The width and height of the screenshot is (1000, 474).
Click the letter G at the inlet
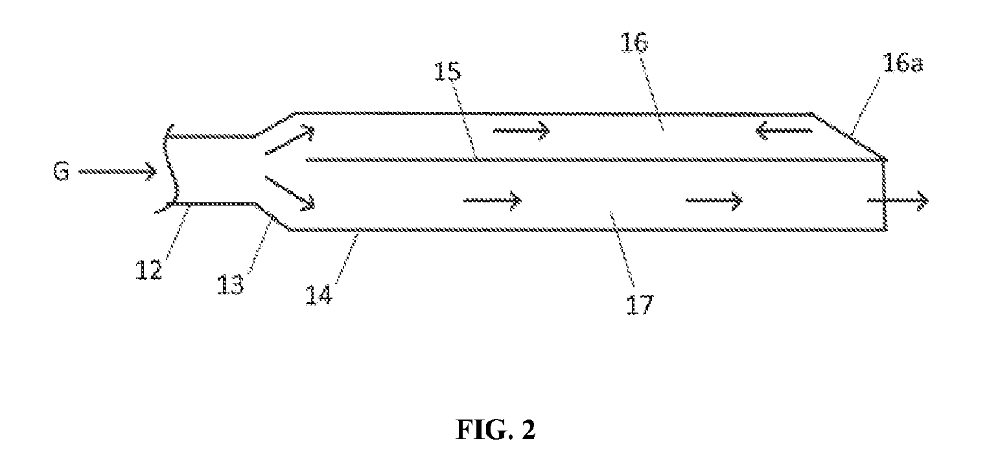coord(62,172)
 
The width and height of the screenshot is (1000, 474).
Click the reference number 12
coord(148,270)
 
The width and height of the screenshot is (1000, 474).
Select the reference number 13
coord(231,285)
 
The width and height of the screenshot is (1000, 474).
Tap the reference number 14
coord(319,295)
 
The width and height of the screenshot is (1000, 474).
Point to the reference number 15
coord(448,71)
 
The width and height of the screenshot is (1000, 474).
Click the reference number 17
coord(640,305)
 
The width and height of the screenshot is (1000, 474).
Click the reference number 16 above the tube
coord(635,43)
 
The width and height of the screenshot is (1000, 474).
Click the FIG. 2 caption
coord(496,430)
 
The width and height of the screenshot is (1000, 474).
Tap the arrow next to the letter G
coord(117,172)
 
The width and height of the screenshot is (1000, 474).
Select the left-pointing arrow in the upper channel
coord(784,130)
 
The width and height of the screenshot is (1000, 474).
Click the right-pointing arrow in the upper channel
coord(522,130)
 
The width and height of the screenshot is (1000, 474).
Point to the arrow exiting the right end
coord(898,200)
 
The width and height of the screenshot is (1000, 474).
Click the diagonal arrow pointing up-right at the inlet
coord(290,140)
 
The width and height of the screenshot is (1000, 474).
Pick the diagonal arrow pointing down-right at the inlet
coord(290,193)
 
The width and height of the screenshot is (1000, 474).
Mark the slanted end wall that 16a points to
coord(849,136)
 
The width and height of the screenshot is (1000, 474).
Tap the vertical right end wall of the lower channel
coord(885,195)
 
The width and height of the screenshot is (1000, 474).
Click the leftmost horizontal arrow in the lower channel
coord(493,200)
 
